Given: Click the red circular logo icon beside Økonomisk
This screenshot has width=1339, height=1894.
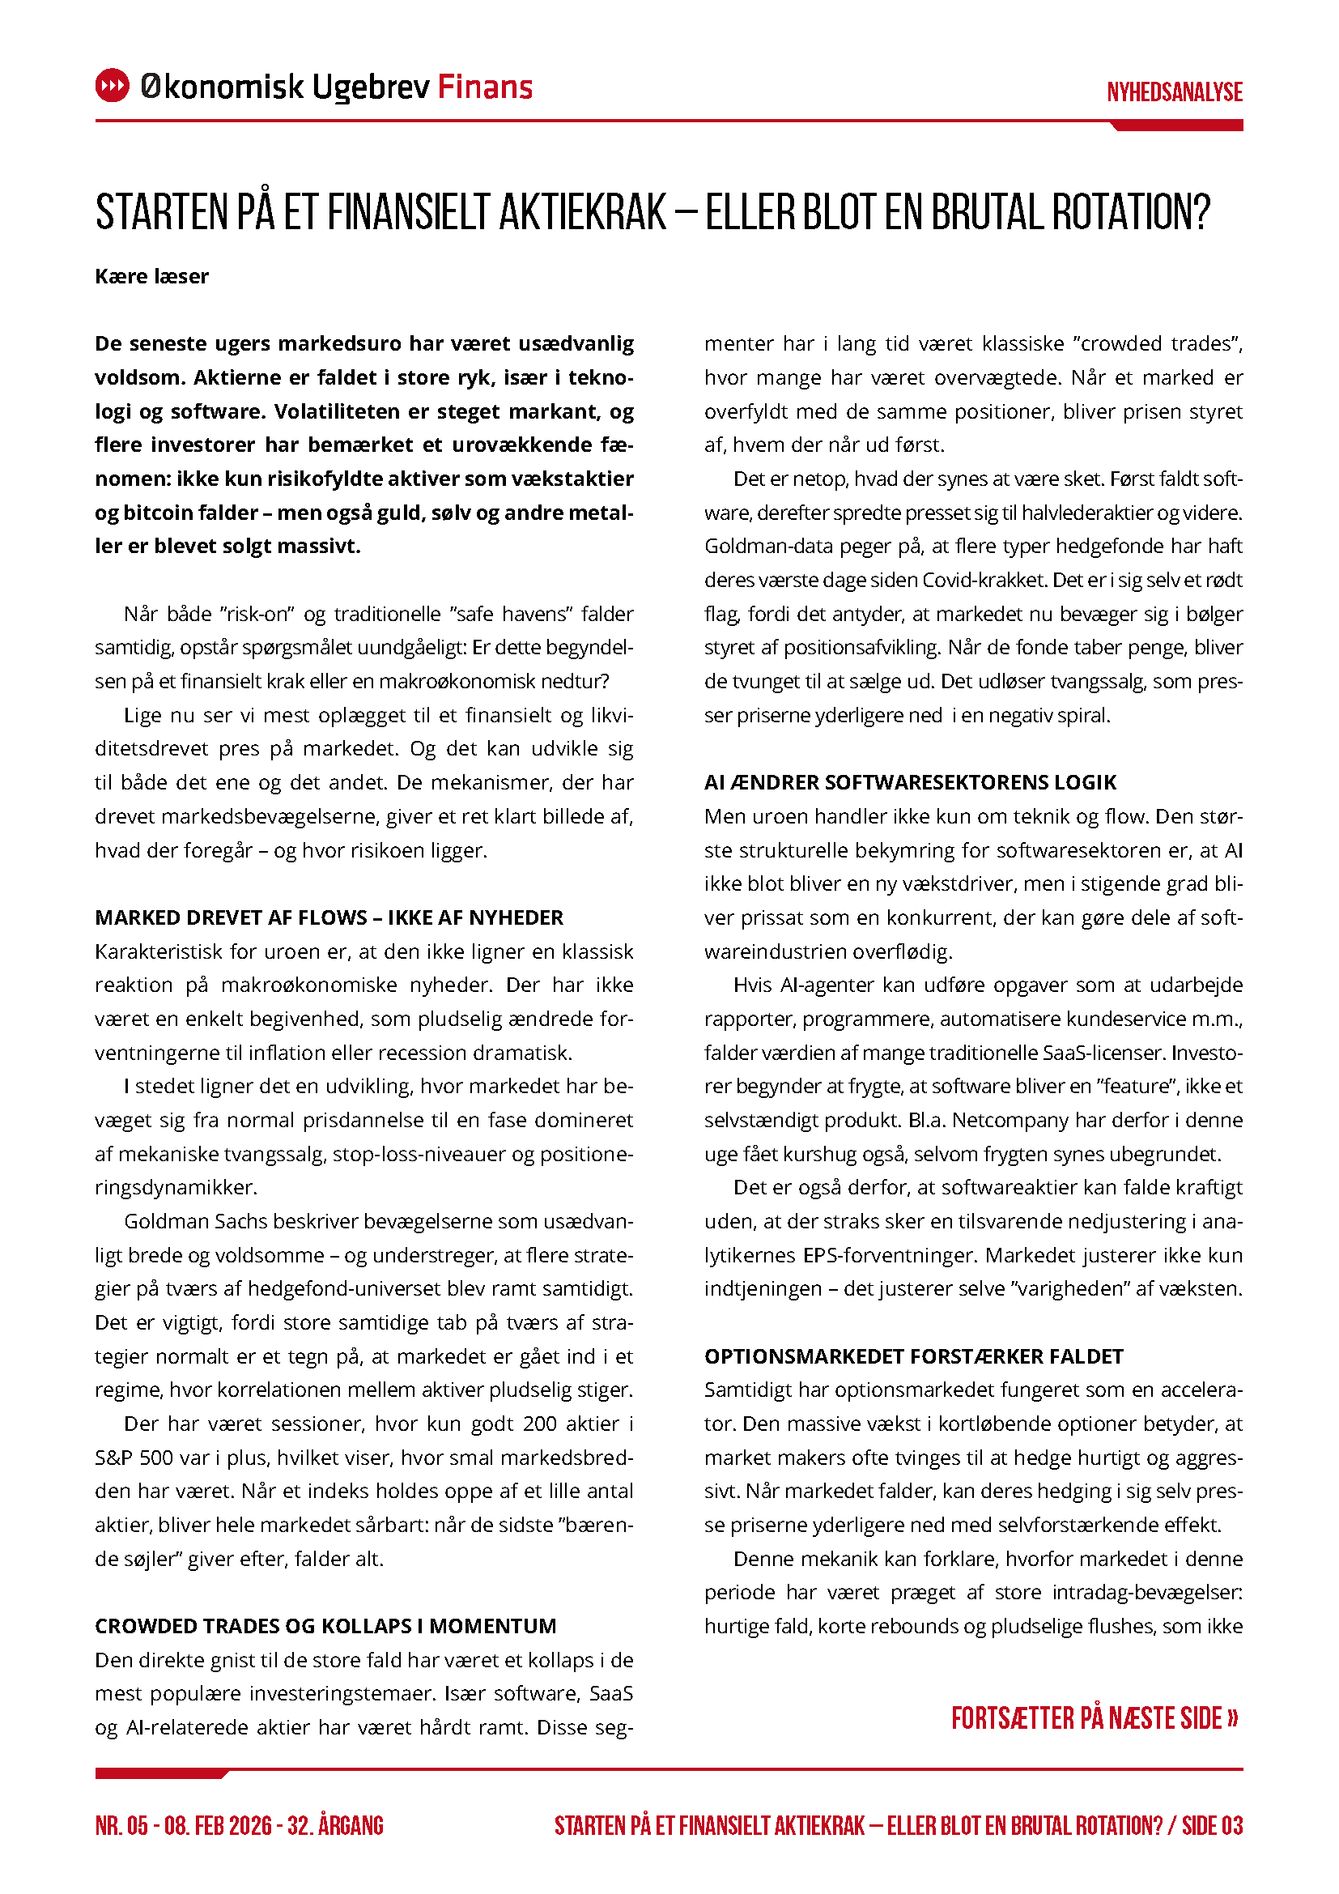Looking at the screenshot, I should [x=113, y=86].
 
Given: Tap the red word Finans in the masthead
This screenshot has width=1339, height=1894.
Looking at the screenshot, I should [x=485, y=87].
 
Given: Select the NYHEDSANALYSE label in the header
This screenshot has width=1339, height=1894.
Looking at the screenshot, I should [x=1174, y=92].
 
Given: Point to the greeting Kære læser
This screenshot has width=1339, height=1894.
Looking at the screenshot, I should [x=151, y=276].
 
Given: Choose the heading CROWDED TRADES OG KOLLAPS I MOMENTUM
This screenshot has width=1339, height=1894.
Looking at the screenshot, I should [x=325, y=1626].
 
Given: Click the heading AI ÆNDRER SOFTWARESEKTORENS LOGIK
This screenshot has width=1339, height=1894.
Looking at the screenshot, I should [x=910, y=782].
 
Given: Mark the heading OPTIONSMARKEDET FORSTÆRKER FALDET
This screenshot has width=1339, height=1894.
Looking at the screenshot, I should [x=913, y=1356].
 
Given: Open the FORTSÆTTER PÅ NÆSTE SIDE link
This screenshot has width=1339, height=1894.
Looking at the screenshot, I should [x=1095, y=1718].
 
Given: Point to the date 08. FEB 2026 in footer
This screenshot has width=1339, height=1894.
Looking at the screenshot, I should [x=218, y=1825].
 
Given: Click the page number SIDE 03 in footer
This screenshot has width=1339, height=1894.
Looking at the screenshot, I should [x=1212, y=1825].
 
